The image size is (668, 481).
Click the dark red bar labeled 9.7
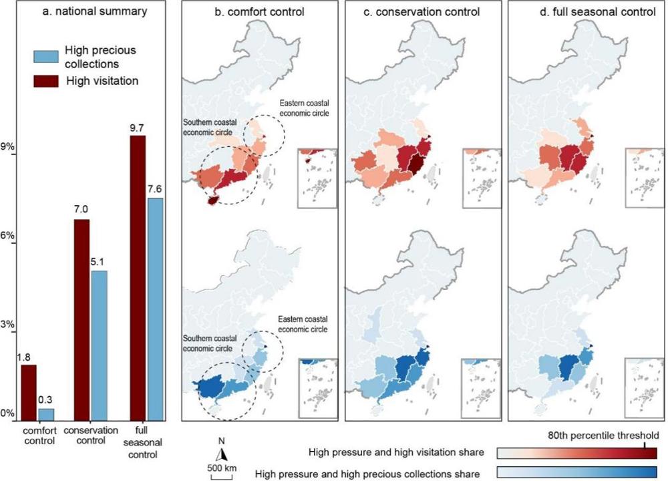(138, 278)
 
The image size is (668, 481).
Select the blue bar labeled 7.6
(155, 309)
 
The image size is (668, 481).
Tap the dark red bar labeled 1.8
(29, 393)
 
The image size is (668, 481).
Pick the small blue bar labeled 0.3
(46, 415)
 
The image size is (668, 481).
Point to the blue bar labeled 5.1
(99, 346)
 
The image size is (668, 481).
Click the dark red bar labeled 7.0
(81, 320)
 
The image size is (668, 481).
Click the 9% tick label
(8, 147)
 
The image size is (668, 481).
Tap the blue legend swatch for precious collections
(46, 57)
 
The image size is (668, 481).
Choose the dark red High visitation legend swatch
(46, 81)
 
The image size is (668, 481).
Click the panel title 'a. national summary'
(95, 11)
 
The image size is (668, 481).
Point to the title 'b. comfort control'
(259, 11)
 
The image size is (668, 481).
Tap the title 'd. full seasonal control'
(598, 11)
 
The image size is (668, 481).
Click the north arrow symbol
(222, 455)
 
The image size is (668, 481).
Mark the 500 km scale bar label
(222, 468)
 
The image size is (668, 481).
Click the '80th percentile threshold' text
(603, 436)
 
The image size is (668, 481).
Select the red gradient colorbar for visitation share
(577, 453)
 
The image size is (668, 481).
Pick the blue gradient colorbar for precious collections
(577, 472)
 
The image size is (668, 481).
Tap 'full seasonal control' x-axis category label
(143, 442)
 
